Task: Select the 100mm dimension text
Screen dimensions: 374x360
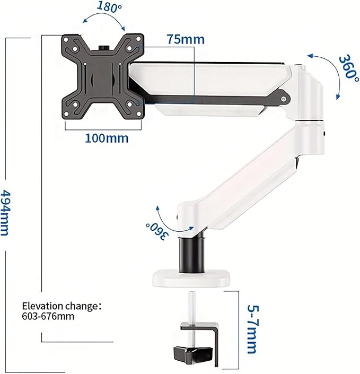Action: (x=106, y=138)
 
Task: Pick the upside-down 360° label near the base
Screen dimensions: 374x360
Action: (x=157, y=230)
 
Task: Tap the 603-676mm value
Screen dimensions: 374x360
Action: (x=48, y=316)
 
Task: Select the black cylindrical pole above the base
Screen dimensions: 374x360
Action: (x=191, y=254)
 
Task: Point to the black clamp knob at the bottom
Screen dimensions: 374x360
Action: (x=189, y=354)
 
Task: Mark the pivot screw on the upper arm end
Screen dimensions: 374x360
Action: (x=285, y=98)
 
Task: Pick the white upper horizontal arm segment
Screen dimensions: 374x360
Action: (x=212, y=80)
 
